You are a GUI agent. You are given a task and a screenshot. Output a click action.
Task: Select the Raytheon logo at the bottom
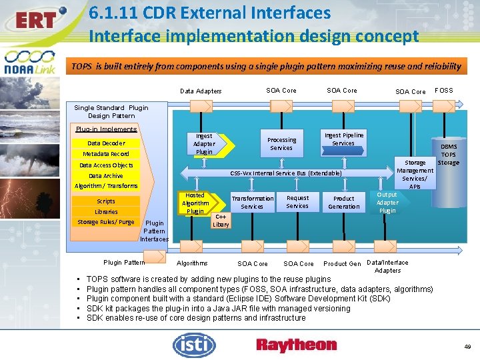[297, 345]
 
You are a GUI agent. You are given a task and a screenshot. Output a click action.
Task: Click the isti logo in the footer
[194, 345]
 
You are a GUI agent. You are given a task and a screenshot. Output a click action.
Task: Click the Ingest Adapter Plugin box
[204, 144]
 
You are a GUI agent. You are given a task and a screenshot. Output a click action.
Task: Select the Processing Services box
[281, 144]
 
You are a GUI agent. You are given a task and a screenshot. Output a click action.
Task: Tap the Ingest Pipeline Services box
[343, 139]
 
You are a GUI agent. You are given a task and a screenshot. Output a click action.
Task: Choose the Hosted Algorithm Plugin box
[195, 203]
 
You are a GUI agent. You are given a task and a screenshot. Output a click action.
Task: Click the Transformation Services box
[252, 202]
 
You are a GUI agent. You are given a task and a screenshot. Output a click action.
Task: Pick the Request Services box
[297, 202]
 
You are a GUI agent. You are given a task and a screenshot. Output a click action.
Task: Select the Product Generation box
[343, 202]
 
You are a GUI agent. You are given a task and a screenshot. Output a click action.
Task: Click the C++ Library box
[221, 221]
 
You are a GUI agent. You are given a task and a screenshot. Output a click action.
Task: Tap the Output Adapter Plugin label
[387, 203]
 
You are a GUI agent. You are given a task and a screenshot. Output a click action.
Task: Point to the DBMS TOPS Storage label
[449, 155]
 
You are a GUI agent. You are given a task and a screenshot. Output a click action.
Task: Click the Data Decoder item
[106, 143]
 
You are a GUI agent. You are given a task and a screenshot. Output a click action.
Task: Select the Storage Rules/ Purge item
[106, 222]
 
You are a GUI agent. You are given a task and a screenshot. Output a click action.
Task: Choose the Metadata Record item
[106, 154]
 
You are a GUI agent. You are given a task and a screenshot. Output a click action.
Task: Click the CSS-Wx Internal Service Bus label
[286, 173]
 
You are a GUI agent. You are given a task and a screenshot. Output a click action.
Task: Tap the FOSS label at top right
[443, 90]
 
